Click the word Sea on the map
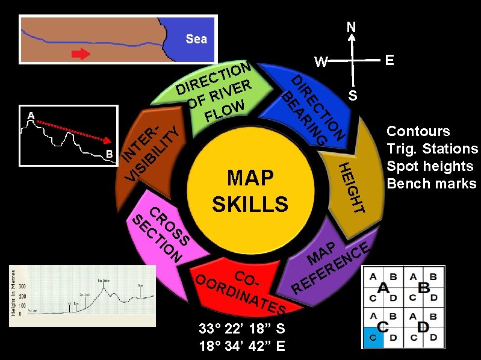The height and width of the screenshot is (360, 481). click(x=196, y=39)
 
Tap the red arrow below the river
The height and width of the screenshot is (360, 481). click(x=80, y=54)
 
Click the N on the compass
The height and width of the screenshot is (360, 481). click(x=351, y=27)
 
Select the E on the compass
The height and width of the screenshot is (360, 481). click(x=389, y=60)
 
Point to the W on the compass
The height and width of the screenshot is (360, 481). click(x=320, y=62)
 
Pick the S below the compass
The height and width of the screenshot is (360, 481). click(x=353, y=96)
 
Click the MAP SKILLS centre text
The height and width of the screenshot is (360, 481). click(x=250, y=191)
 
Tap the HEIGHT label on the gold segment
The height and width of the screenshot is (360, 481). click(x=351, y=187)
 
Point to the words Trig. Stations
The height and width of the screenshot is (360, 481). click(x=432, y=149)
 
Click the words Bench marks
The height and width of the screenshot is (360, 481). click(x=431, y=183)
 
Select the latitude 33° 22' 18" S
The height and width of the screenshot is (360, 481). click(x=242, y=329)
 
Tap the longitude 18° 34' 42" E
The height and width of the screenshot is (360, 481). click(x=242, y=346)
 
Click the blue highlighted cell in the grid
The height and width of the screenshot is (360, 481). click(x=373, y=337)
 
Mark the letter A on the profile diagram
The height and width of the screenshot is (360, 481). click(x=30, y=114)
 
